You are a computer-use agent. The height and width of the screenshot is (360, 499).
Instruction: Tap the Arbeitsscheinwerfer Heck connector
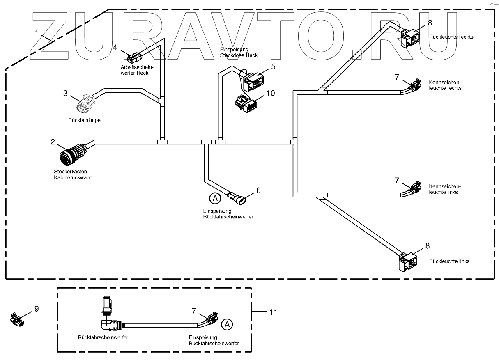135,57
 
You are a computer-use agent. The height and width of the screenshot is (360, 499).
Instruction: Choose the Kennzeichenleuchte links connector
415,189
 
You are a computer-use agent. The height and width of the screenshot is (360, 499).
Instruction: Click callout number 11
273,312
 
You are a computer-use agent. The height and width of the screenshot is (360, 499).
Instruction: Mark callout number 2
53,142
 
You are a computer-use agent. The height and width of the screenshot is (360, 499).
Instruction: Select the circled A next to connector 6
214,198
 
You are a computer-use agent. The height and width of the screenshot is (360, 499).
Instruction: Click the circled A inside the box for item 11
226,324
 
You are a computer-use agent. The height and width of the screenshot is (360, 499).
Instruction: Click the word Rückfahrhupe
84,120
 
